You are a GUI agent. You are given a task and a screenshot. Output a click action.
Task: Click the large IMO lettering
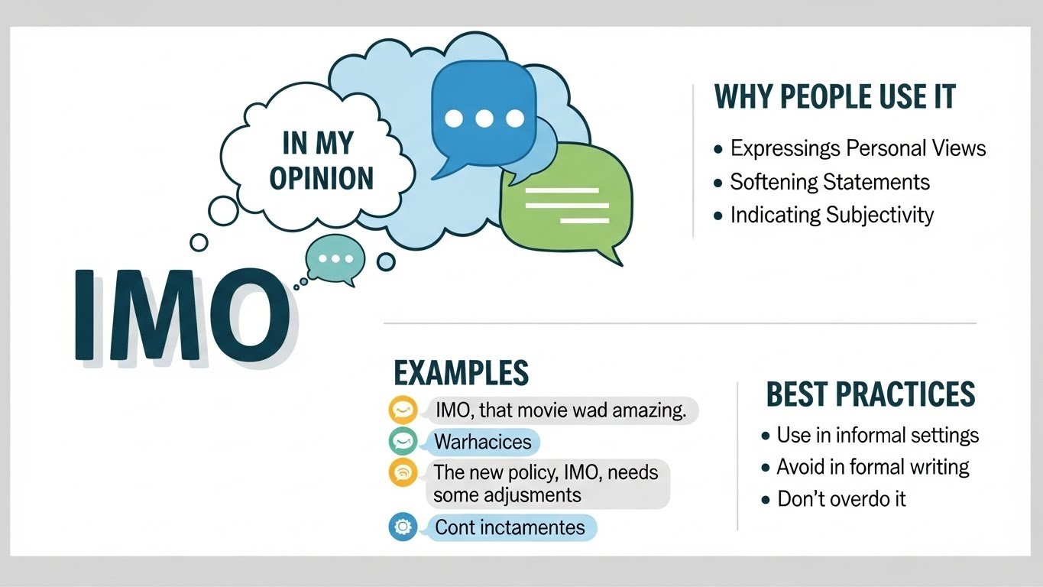180,313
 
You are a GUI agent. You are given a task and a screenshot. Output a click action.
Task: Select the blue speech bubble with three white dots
484,115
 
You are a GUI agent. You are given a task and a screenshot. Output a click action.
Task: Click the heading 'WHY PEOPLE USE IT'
834,97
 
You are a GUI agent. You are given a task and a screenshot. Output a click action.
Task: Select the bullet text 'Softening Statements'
830,182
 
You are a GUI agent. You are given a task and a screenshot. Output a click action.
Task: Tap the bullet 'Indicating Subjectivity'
831,215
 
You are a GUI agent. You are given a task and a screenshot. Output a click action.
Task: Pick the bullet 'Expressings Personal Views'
857,148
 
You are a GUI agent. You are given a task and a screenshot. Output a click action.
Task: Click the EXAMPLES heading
462,373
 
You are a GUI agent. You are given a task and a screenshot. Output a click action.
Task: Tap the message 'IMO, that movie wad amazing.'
561,410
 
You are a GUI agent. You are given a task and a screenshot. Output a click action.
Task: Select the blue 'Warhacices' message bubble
482,441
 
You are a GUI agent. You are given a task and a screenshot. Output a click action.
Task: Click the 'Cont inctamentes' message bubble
510,527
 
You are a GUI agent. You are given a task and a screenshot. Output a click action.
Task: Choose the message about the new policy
546,483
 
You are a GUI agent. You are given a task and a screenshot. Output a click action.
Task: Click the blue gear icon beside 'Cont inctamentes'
402,527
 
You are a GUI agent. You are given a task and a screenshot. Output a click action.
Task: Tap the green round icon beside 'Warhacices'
402,441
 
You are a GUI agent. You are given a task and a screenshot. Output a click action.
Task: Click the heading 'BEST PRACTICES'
870,394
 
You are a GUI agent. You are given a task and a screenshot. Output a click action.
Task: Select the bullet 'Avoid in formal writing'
873,466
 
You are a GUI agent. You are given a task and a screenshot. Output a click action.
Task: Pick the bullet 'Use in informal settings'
877,435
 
